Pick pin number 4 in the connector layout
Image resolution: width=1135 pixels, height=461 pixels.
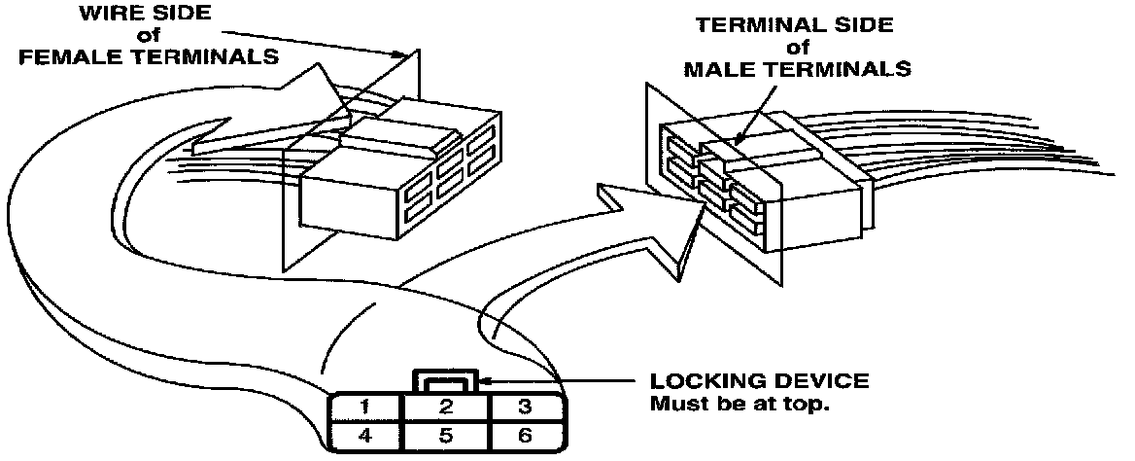364,435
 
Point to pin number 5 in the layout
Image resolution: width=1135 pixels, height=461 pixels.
444,435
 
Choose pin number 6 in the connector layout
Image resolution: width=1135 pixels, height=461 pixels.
525,435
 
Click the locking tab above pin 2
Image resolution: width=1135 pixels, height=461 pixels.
445,380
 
